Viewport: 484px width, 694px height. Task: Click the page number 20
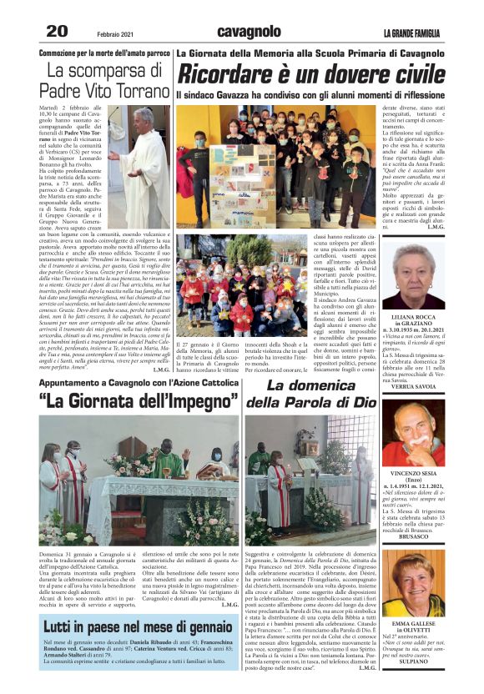pos(57,31)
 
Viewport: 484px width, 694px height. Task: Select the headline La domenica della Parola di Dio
pos(311,394)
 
